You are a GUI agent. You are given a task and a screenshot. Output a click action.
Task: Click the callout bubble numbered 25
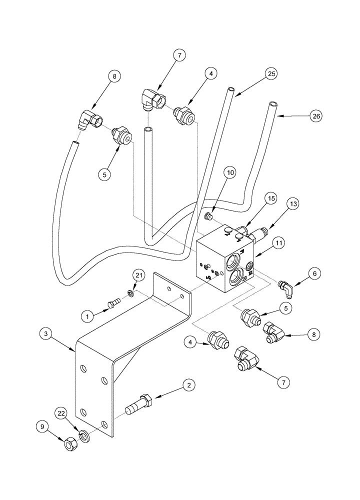pos(270,74)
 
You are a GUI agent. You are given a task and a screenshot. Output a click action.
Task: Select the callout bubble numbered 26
pos(316,116)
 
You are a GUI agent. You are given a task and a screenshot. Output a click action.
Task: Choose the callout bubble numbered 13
pos(292,203)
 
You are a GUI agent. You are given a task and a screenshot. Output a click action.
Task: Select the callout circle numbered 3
pos(46,333)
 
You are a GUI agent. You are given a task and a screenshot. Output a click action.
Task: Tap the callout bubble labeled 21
pos(138,274)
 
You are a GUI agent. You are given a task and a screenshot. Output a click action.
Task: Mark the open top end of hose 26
pos(273,105)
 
